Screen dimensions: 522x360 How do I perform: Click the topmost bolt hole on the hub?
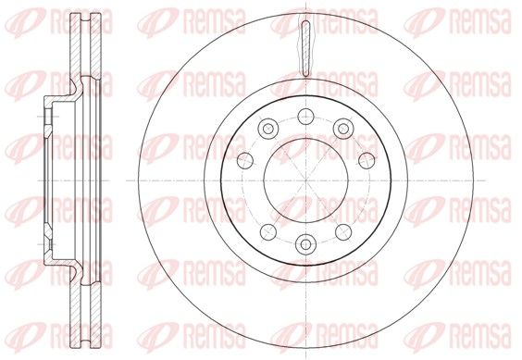pyautogui.click(x=305, y=117)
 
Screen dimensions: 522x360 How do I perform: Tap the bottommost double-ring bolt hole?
pyautogui.click(x=305, y=244)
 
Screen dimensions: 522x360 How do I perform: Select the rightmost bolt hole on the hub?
pyautogui.click(x=367, y=160)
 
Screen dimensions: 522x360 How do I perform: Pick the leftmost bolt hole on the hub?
pyautogui.click(x=245, y=160)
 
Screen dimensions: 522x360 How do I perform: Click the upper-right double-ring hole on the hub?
pyautogui.click(x=343, y=129)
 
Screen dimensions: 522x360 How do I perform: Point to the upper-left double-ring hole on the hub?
pyautogui.click(x=268, y=129)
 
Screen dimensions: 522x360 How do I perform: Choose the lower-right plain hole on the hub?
pyautogui.click(x=343, y=232)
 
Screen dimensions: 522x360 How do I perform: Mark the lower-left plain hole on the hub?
pyautogui.click(x=268, y=232)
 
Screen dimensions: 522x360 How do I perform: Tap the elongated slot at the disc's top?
pyautogui.click(x=305, y=49)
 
